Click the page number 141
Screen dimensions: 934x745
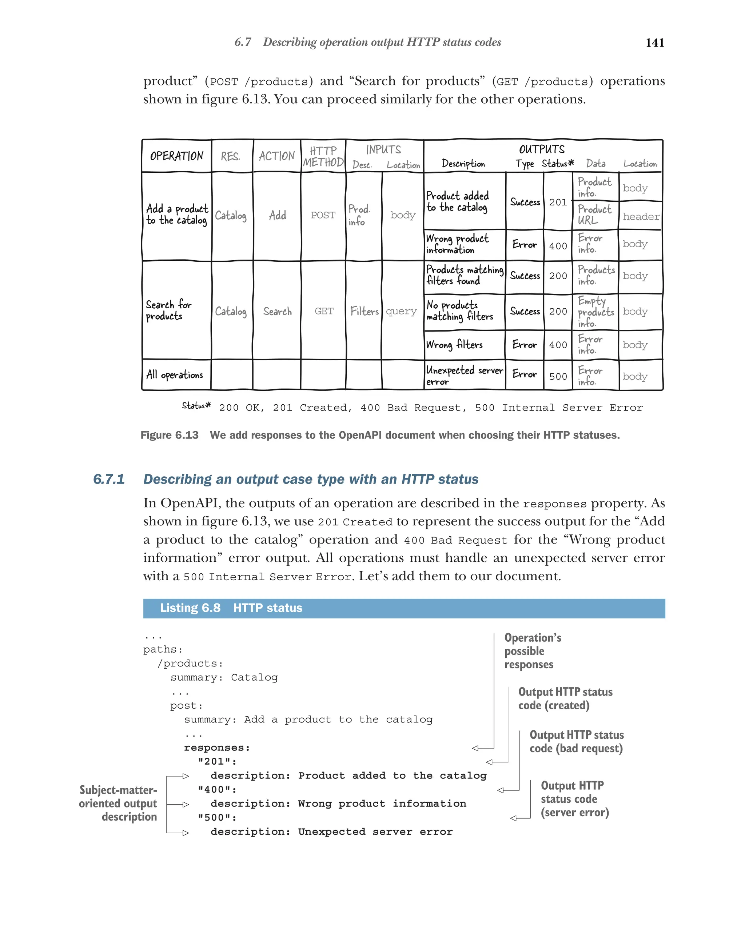coord(654,43)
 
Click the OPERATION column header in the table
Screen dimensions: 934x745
coord(176,156)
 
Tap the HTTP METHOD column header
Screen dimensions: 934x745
coord(323,156)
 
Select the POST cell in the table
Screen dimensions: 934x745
coord(323,215)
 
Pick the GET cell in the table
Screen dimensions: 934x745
coord(324,311)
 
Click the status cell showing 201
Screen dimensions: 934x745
coord(558,202)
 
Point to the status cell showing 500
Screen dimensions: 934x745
coord(558,376)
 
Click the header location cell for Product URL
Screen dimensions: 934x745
coord(641,216)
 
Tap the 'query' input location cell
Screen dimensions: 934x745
coord(401,311)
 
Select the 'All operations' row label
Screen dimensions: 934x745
coord(174,375)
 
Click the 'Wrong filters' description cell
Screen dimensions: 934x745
coord(454,345)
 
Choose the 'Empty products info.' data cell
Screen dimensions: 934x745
coord(595,312)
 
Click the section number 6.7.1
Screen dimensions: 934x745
coord(109,479)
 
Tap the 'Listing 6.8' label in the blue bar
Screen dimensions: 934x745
coord(190,608)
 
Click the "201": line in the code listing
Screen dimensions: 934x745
coord(217,762)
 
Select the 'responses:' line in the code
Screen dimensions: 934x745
coord(217,748)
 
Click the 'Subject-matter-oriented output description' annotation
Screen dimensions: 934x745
coord(118,803)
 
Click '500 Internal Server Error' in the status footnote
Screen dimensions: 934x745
coord(559,408)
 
